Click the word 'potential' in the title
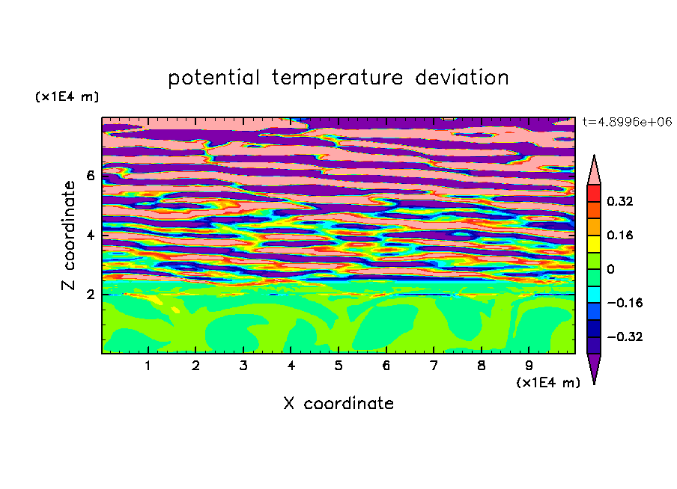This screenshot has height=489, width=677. [213, 78]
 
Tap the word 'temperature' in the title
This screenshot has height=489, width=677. [337, 78]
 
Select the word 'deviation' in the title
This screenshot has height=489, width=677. [462, 77]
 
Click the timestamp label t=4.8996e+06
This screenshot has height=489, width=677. [627, 122]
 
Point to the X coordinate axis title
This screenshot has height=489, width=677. [338, 403]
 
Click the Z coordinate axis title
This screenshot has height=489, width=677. [69, 236]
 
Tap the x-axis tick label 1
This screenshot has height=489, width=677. [148, 366]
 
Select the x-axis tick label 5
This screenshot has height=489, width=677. [338, 366]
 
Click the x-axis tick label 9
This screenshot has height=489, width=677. [529, 366]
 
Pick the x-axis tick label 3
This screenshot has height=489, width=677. [243, 366]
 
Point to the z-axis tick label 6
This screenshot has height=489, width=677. [90, 176]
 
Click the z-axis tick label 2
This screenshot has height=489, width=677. [90, 295]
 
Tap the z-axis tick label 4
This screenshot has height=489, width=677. [90, 236]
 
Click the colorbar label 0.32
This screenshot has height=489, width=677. [619, 201]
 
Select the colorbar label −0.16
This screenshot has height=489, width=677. [625, 303]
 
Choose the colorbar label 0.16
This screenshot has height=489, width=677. [619, 235]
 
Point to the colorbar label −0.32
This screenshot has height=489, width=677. [625, 336]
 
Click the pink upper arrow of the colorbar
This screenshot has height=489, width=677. [594, 172]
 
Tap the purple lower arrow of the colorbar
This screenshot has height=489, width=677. [594, 366]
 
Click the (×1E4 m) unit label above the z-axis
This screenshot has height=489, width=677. [67, 96]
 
